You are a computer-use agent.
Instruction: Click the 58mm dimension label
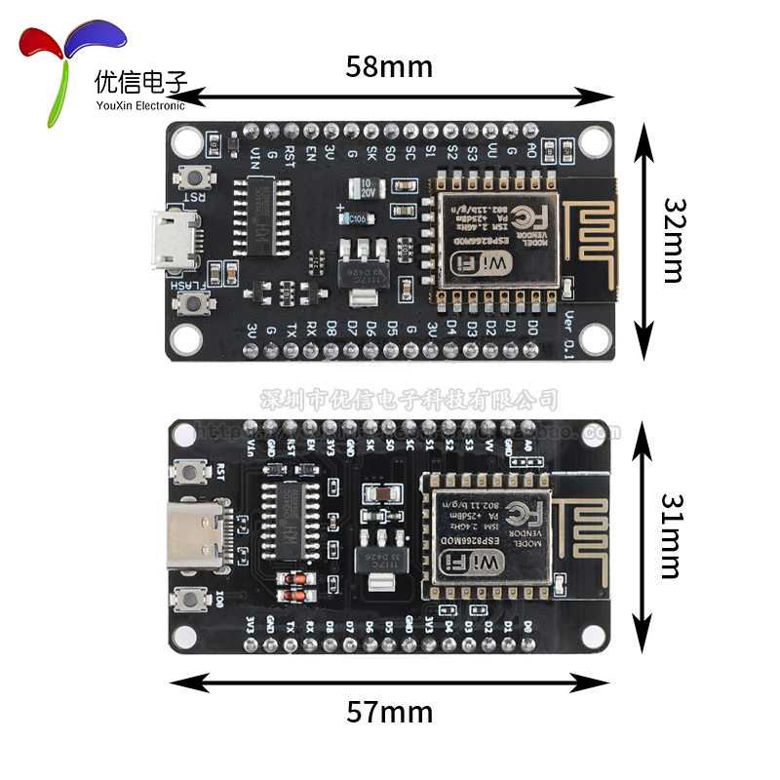389,67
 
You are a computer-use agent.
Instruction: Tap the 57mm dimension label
389,713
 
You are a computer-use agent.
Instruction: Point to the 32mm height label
674,240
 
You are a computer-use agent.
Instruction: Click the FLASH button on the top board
198,303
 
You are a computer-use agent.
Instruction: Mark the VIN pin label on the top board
255,155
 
